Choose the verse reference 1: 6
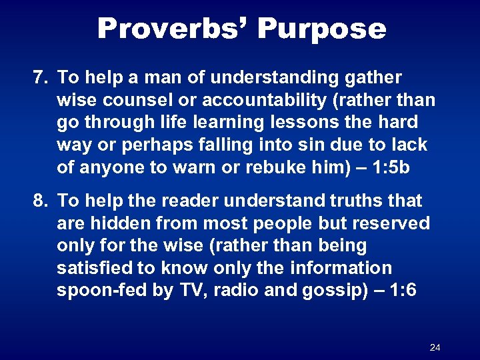click(x=398, y=291)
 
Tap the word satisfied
click(x=94, y=268)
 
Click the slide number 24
click(x=435, y=348)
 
